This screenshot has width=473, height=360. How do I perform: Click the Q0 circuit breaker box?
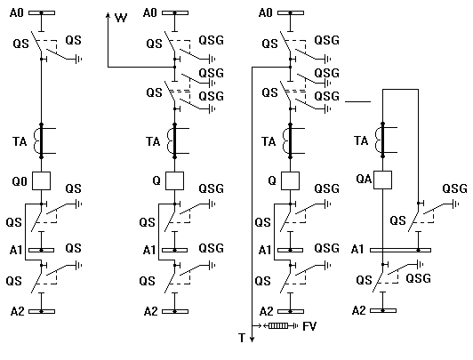click(41, 181)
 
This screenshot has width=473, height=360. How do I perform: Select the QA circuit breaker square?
click(383, 180)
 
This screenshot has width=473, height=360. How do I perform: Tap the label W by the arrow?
click(121, 18)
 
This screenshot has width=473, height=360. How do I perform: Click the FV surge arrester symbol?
click(278, 326)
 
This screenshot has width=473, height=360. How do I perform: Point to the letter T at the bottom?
click(242, 338)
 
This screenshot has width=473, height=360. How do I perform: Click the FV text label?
click(309, 326)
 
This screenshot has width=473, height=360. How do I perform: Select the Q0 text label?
click(20, 181)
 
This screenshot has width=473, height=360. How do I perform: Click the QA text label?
click(364, 179)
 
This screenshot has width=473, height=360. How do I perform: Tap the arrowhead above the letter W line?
click(108, 15)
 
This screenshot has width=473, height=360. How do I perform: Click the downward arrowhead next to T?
click(253, 340)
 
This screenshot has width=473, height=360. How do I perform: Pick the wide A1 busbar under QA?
click(400, 250)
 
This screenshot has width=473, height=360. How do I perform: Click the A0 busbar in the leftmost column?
click(42, 13)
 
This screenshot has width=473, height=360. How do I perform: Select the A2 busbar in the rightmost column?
click(383, 310)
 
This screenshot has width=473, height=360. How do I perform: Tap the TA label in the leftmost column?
click(20, 141)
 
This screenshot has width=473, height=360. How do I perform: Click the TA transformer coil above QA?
click(379, 140)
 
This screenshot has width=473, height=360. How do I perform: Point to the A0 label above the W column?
click(150, 13)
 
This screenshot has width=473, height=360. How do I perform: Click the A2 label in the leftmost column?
click(17, 311)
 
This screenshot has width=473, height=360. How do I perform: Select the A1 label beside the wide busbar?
click(357, 250)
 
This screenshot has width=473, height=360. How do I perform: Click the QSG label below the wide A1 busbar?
click(419, 278)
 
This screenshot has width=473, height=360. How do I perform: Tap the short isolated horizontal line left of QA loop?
click(357, 102)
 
